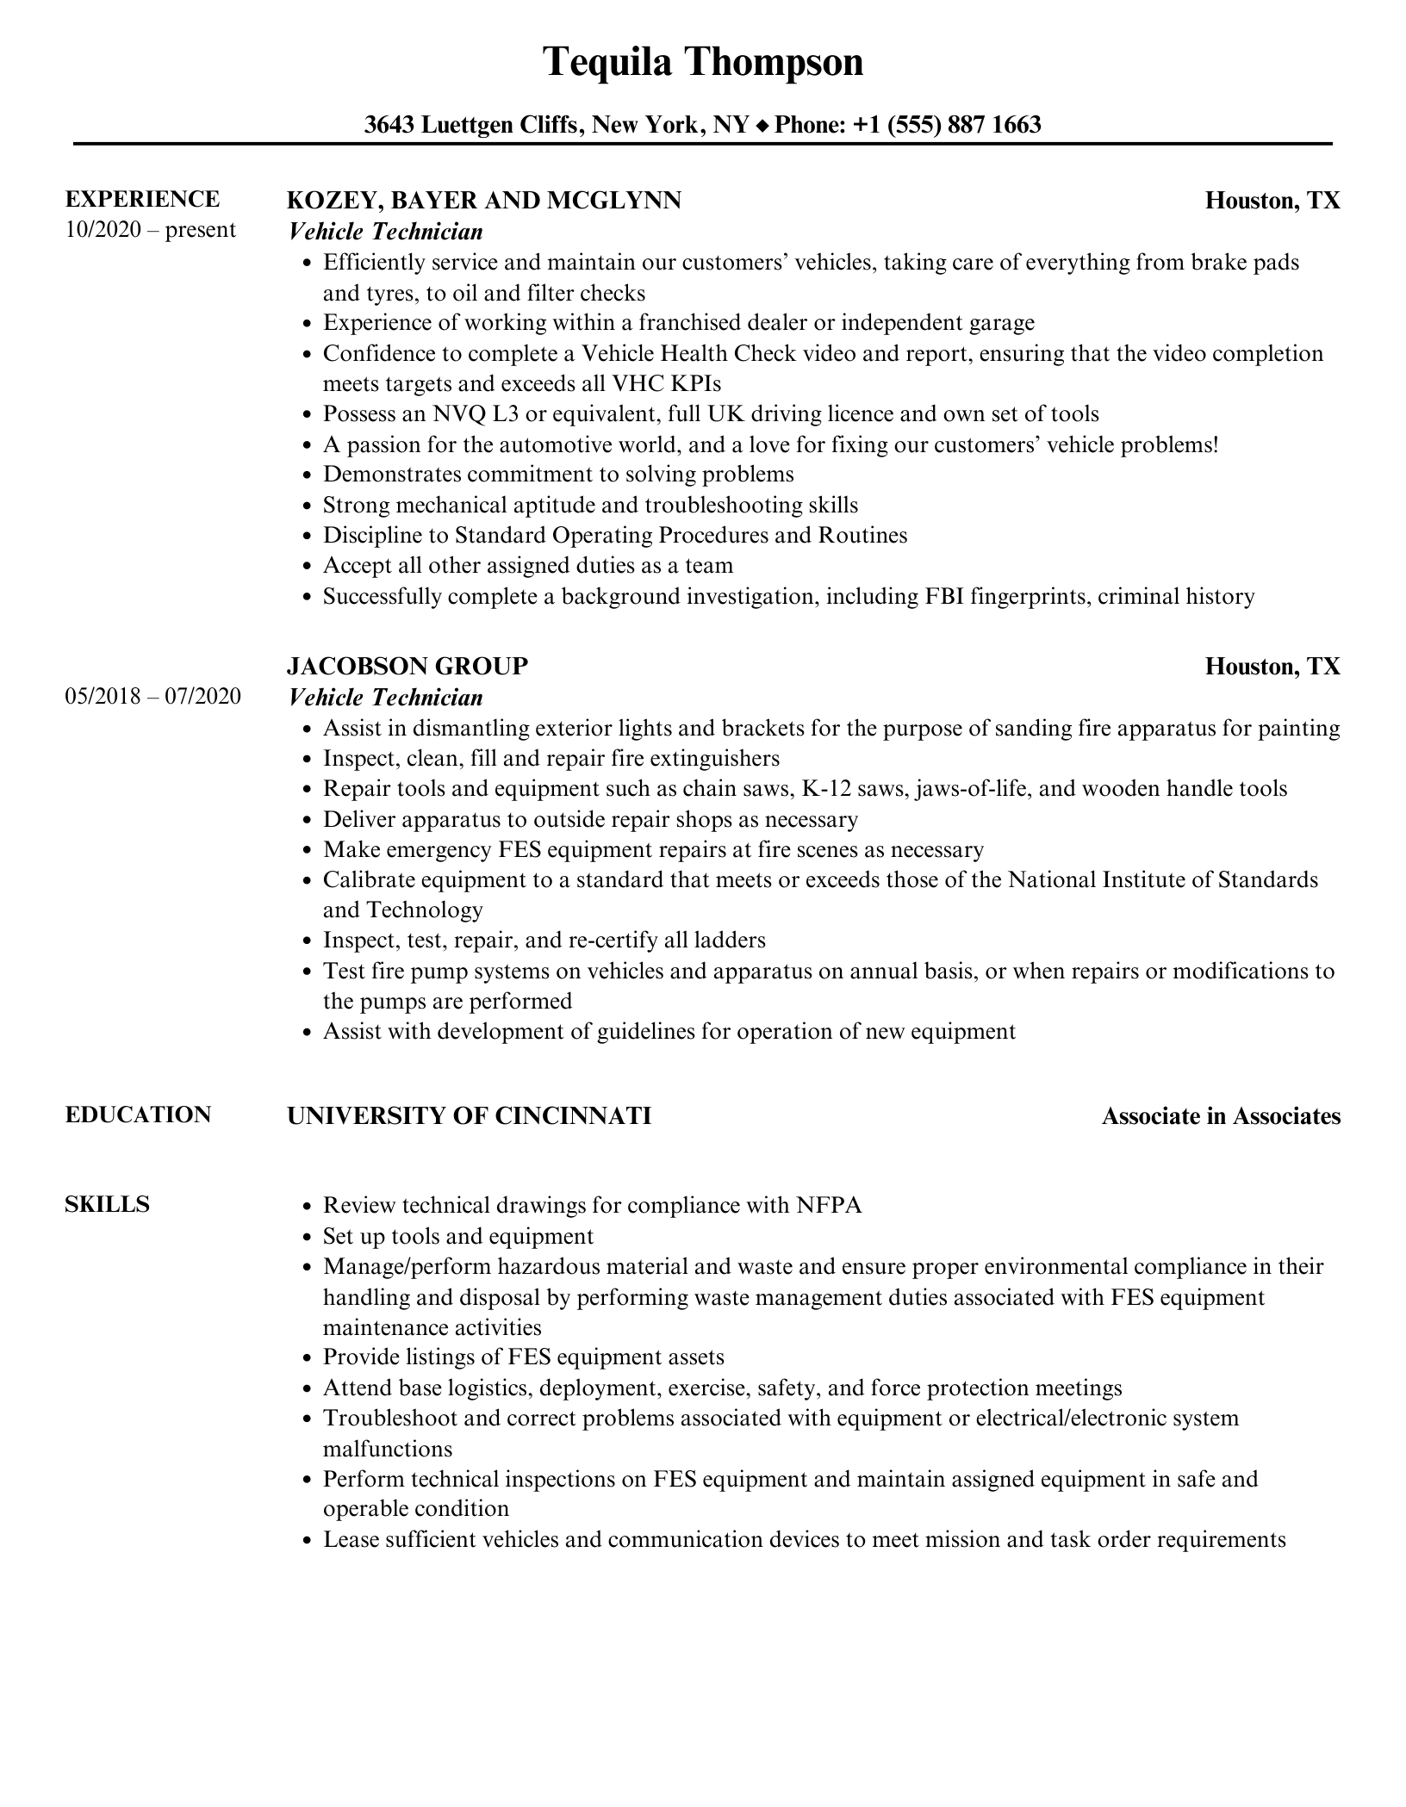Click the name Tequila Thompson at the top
(x=702, y=63)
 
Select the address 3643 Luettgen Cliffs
(x=470, y=126)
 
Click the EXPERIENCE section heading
(x=142, y=200)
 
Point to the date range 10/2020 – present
(x=150, y=230)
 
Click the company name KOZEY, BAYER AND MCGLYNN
(x=483, y=201)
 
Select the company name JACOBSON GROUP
(x=407, y=666)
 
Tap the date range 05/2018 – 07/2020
(x=152, y=696)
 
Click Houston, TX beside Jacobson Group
(x=1272, y=666)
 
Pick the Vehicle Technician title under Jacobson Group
(x=385, y=697)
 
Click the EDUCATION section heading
(x=138, y=1115)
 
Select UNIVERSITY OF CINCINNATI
(x=469, y=1115)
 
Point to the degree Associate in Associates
(x=1221, y=1116)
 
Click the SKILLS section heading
(x=107, y=1204)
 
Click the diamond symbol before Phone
(x=762, y=127)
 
